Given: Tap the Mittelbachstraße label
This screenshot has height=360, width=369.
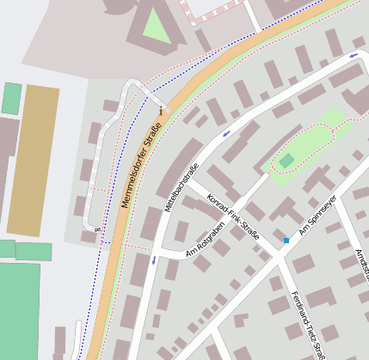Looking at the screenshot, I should pos(181,187).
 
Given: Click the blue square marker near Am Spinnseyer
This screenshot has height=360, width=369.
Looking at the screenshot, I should pos(286,241).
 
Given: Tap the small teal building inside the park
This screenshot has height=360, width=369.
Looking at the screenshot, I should pos(286,161).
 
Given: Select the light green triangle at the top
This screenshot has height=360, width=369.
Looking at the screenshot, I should pos(156,26).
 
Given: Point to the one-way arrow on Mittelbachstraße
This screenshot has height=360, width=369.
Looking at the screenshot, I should pos(155,259).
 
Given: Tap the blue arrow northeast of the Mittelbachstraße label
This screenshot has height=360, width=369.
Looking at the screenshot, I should pos(226,134).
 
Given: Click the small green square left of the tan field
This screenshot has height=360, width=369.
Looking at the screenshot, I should pos(12,98).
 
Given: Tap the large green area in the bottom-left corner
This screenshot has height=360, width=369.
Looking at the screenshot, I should pos(19,309).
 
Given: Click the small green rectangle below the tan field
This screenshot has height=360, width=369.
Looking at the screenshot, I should pos(34,252).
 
